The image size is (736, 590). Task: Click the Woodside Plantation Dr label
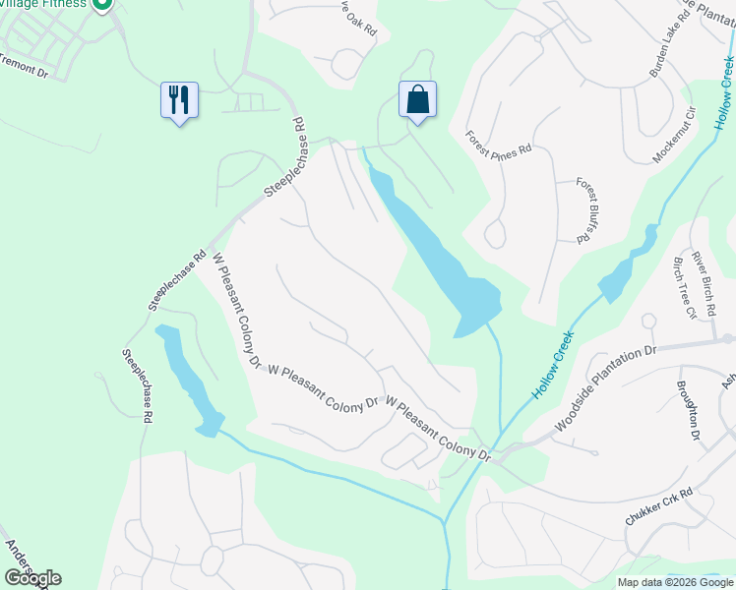coord(605,388)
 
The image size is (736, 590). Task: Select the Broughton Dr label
coord(688,410)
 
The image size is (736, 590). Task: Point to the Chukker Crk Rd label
coord(659,507)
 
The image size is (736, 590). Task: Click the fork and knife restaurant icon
coord(179,100)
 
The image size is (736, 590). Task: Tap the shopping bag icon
coord(417,99)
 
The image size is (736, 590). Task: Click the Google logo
coord(32,578)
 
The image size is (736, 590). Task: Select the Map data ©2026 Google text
coord(674,582)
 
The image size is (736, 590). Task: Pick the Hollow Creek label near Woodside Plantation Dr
coord(553,364)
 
